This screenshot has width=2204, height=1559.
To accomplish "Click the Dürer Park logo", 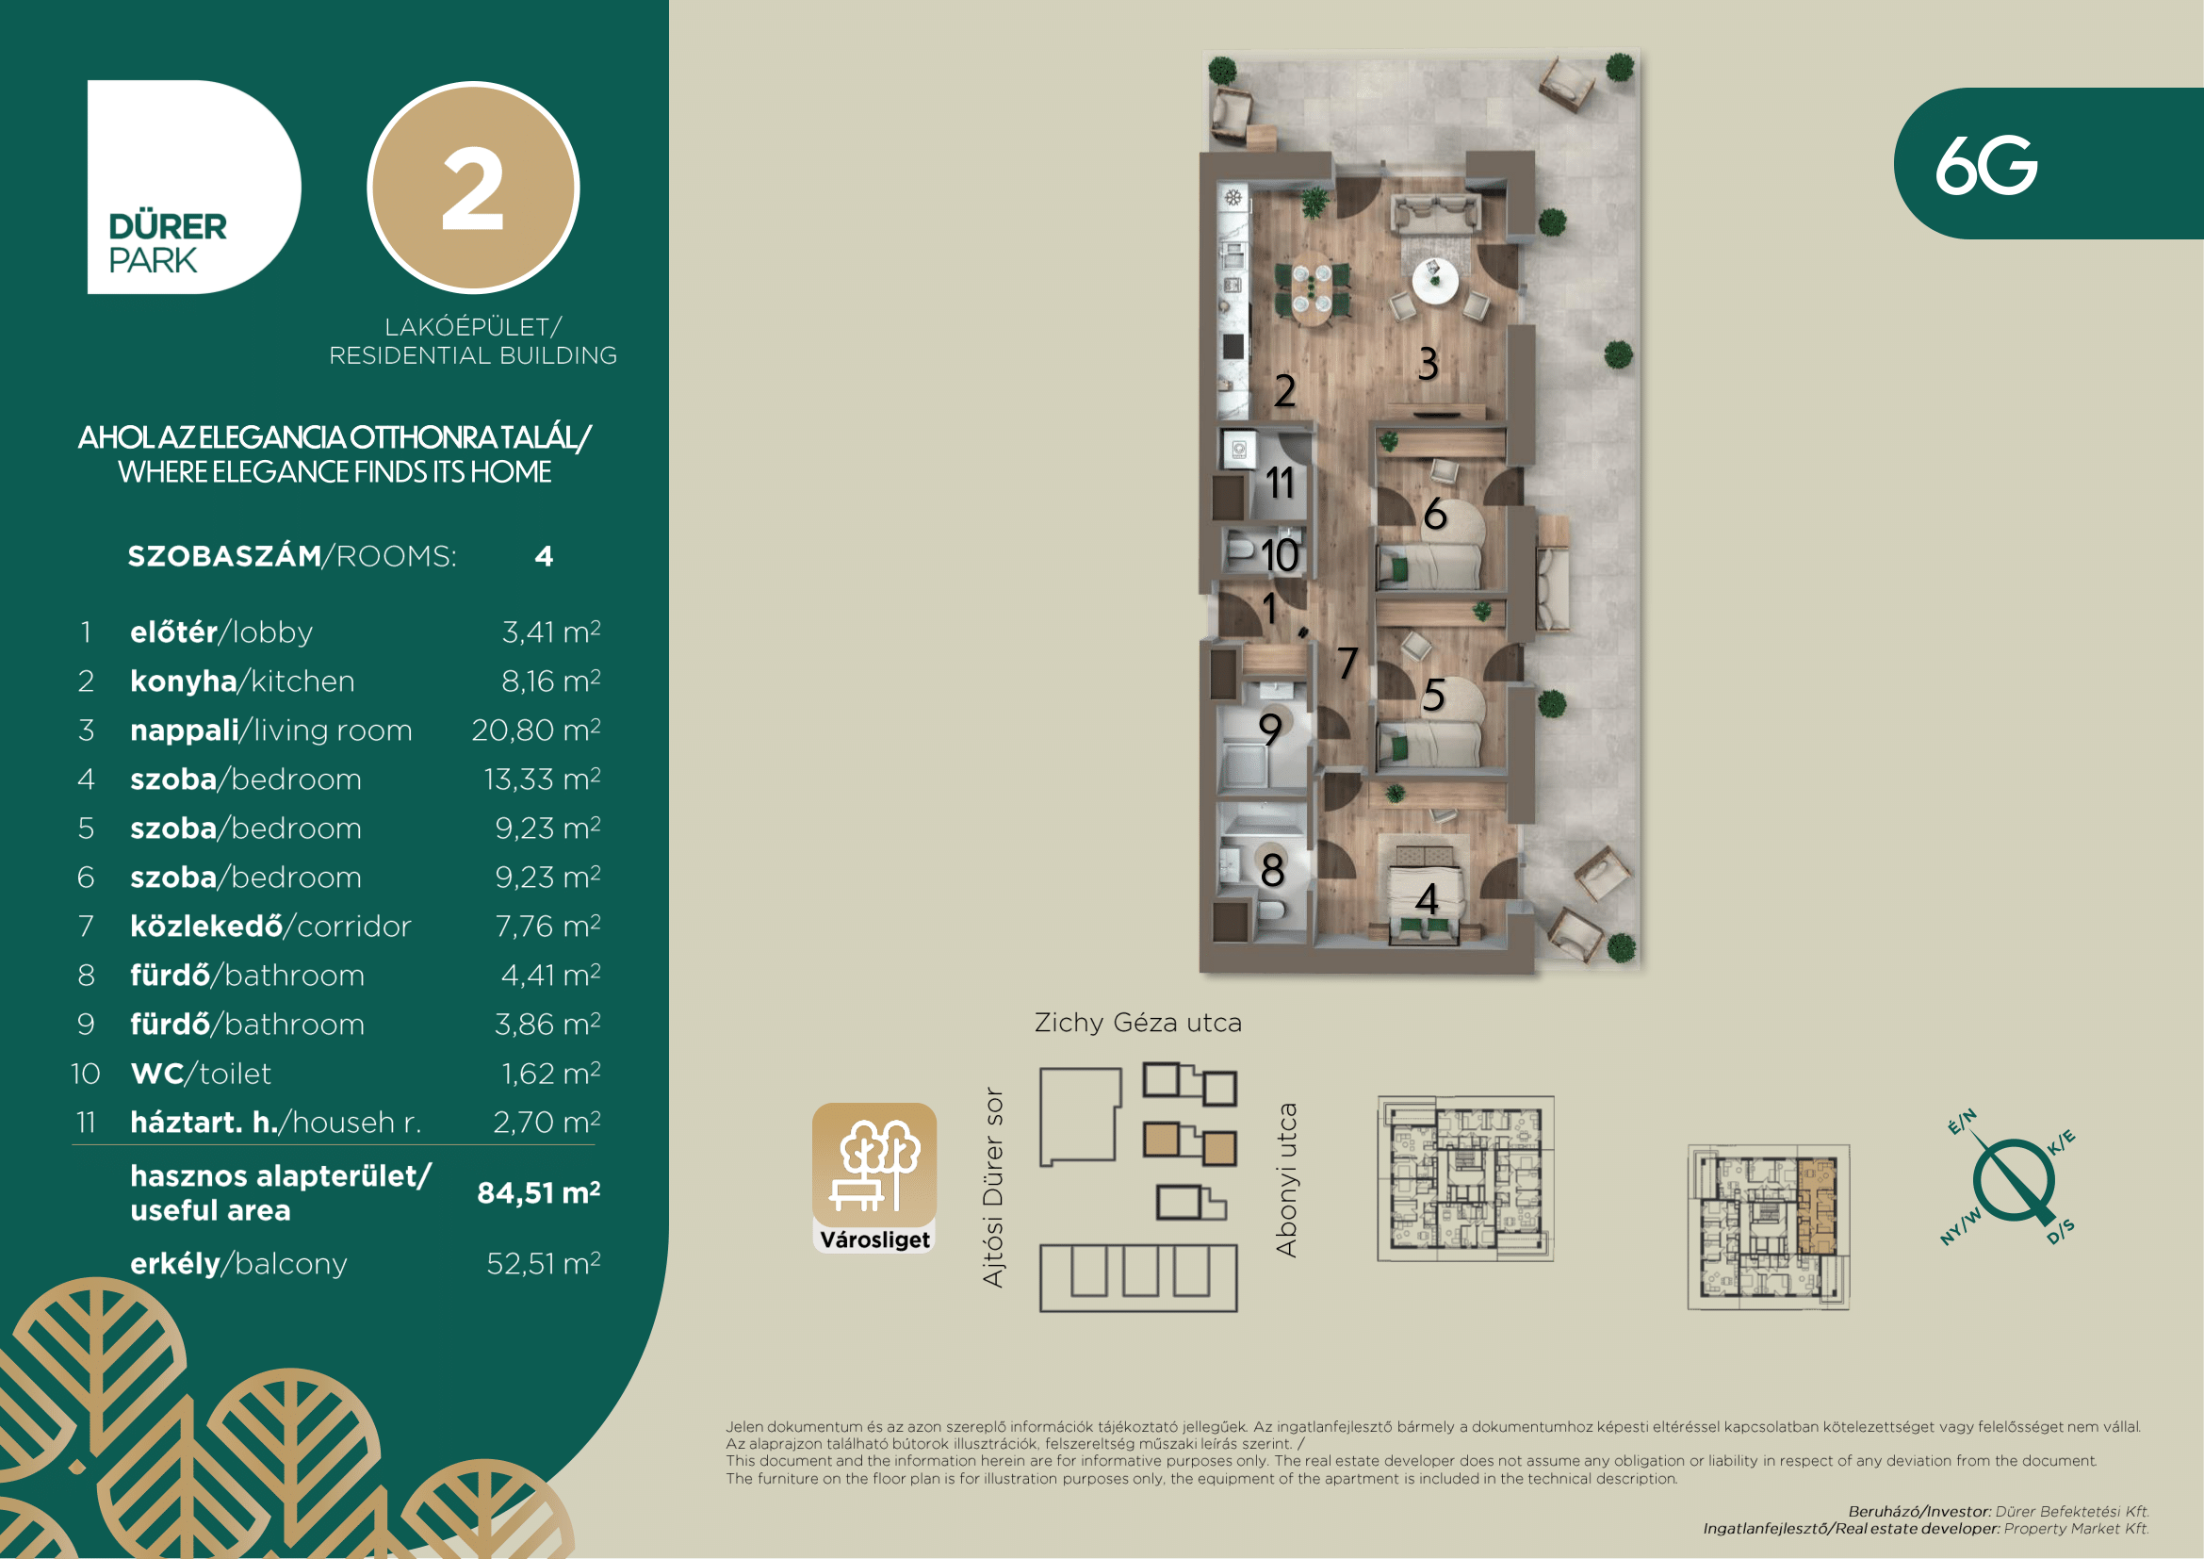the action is pyautogui.click(x=194, y=188).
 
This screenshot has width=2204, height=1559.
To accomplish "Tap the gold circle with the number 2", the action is pyautogui.click(x=473, y=188).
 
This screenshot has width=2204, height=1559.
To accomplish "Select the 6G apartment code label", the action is pyautogui.click(x=1985, y=165).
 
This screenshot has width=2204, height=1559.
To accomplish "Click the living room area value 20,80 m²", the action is pyautogui.click(x=535, y=730).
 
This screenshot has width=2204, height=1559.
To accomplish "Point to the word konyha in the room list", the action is pyautogui.click(x=184, y=681).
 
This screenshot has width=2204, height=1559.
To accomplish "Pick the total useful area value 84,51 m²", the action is pyautogui.click(x=539, y=1192).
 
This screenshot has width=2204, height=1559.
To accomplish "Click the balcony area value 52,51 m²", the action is pyautogui.click(x=544, y=1263).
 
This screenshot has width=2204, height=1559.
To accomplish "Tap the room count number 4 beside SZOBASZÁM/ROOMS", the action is pyautogui.click(x=544, y=556).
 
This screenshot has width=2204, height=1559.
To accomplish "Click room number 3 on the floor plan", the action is pyautogui.click(x=1429, y=364).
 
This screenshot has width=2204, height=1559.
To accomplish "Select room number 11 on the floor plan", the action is pyautogui.click(x=1281, y=482).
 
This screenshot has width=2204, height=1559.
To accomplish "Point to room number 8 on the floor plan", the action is pyautogui.click(x=1273, y=870).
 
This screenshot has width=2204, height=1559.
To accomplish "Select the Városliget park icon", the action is pyautogui.click(x=874, y=1178).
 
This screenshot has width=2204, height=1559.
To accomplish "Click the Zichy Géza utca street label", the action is pyautogui.click(x=1137, y=1023).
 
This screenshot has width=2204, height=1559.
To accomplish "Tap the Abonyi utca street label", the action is pyautogui.click(x=1286, y=1180).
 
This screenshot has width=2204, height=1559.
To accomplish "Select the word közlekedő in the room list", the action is pyautogui.click(x=206, y=926).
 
